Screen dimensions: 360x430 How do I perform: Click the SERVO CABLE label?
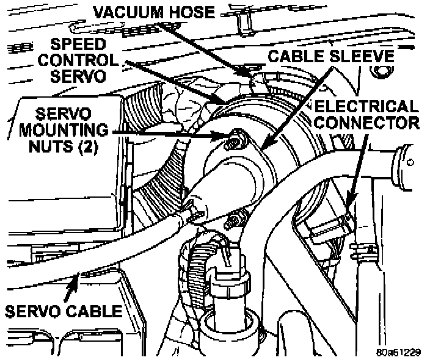coord(65,311)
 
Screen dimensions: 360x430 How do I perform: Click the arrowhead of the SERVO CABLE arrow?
coord(78,278)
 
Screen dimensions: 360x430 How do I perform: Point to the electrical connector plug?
coord(330,229)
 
